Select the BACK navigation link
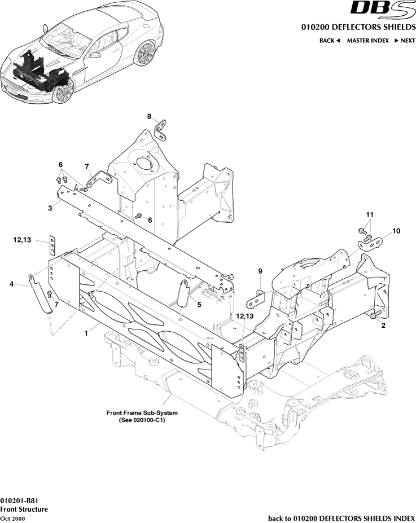(330, 41)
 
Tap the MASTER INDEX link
(367, 41)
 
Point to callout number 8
(150, 117)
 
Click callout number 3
(50, 208)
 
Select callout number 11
(370, 215)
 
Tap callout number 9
(260, 271)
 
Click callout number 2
(383, 326)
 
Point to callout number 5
(199, 305)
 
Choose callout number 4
(11, 284)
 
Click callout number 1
(86, 333)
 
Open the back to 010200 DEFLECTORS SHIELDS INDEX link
(341, 518)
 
